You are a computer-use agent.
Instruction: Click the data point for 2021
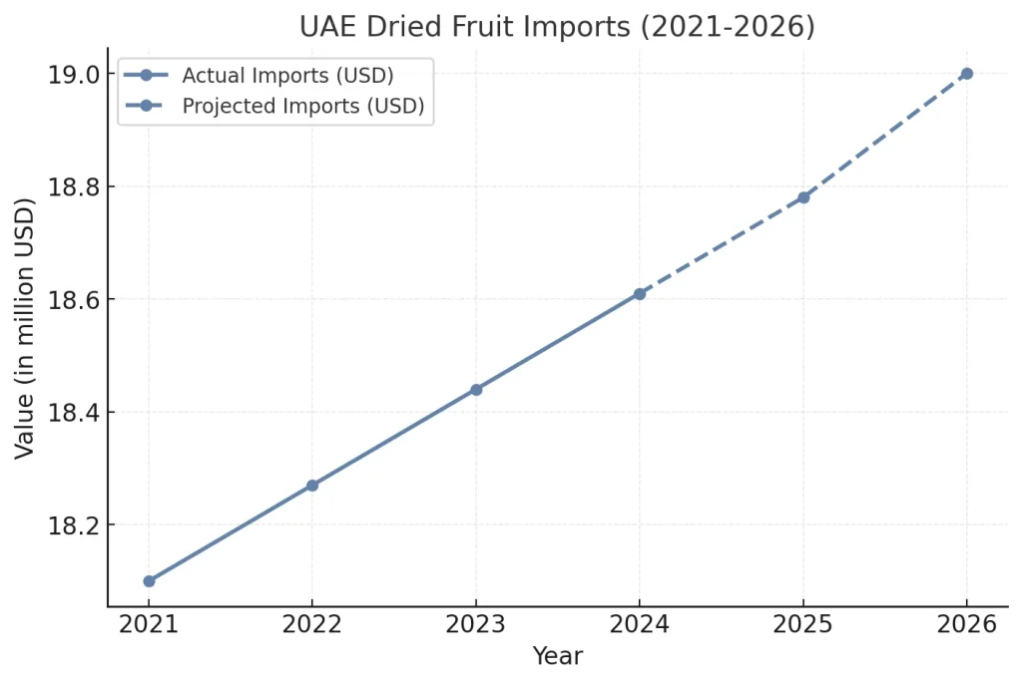click(x=149, y=580)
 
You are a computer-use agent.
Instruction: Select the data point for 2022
click(x=312, y=486)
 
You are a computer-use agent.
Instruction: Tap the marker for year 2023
click(x=476, y=390)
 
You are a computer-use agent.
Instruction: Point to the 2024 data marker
click(x=640, y=294)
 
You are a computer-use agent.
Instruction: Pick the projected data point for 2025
click(x=803, y=197)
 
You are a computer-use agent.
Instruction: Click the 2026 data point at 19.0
click(x=966, y=74)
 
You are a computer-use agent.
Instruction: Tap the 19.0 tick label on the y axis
click(x=75, y=75)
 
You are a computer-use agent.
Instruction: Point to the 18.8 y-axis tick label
click(x=75, y=187)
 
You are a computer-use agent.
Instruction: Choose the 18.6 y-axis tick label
click(x=75, y=300)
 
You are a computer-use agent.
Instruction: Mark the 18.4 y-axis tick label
click(x=75, y=413)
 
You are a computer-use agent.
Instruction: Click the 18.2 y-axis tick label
click(x=75, y=525)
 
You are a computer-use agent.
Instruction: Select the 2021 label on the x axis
click(x=149, y=625)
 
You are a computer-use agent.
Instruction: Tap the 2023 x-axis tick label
click(x=476, y=625)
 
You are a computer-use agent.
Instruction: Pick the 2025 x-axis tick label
click(x=803, y=625)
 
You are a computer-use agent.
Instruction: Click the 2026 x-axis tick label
click(x=966, y=625)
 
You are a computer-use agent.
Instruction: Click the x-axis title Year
click(x=557, y=656)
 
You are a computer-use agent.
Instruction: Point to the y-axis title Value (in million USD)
click(x=25, y=328)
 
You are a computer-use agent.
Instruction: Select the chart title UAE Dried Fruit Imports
click(x=557, y=27)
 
